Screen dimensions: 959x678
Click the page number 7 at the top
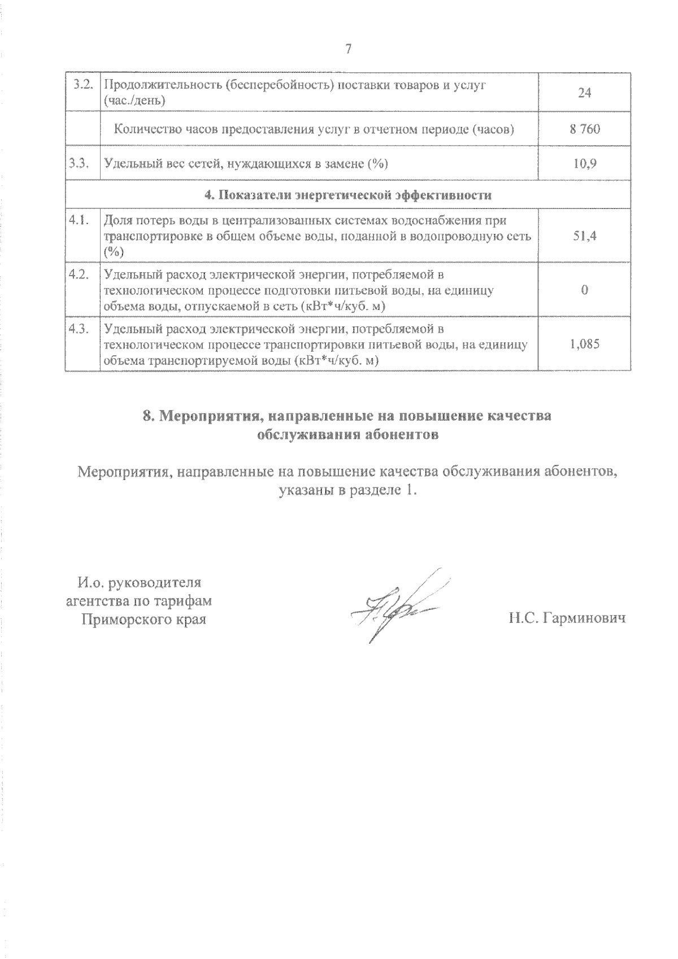pyautogui.click(x=348, y=49)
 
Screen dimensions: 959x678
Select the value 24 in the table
pyautogui.click(x=584, y=93)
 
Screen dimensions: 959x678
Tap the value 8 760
pyautogui.click(x=584, y=129)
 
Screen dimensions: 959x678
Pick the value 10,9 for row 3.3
pyautogui.click(x=584, y=164)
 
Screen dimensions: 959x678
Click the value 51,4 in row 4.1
pyautogui.click(x=584, y=236)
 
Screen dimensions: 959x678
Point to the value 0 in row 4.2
pyautogui.click(x=584, y=290)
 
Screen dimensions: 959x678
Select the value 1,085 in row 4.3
pyautogui.click(x=584, y=343)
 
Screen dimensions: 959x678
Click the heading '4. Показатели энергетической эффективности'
pyautogui.click(x=347, y=195)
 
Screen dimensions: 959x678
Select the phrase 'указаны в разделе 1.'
pyautogui.click(x=348, y=490)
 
